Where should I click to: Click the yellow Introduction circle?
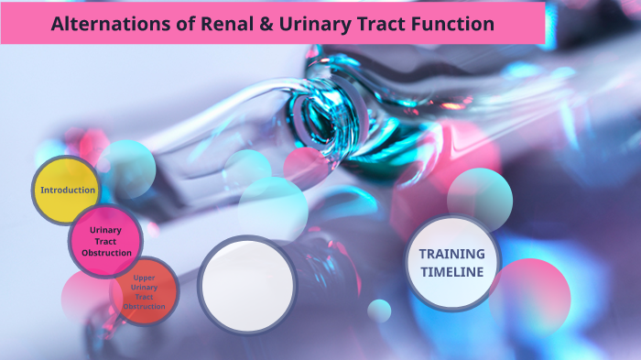(67, 191)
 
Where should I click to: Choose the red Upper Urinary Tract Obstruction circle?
(144, 291)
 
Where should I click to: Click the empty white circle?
(246, 284)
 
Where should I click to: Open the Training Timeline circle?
(452, 263)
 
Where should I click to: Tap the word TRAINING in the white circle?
(452, 254)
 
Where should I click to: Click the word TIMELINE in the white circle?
(452, 272)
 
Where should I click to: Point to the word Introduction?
(68, 191)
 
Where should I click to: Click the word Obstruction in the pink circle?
(106, 253)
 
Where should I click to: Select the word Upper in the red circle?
(144, 278)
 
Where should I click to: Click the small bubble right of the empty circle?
(379, 311)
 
